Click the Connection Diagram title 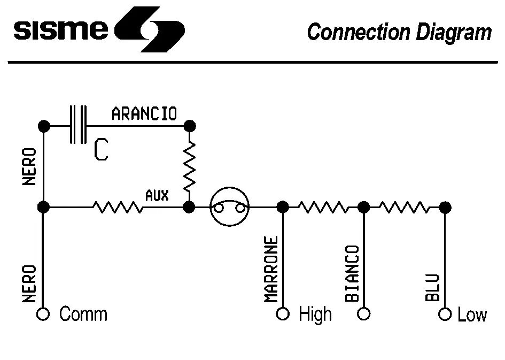pos(399,32)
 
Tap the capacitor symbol pos(78,125)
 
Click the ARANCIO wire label pos(144,114)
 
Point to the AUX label pos(157,195)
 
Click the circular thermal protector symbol pos(229,207)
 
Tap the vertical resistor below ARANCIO pos(189,166)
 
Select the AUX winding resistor pos(118,207)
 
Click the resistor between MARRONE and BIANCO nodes pos(323,207)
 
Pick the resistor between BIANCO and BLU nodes pos(404,207)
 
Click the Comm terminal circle pos(43,313)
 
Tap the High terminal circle pos(283,313)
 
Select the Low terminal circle pos(445,313)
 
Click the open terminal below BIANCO pos(364,313)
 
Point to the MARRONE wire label pos(271,270)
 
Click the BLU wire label pos(433,287)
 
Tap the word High pos(315,314)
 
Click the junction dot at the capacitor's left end pos(44,126)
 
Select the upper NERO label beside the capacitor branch pos(30,166)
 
